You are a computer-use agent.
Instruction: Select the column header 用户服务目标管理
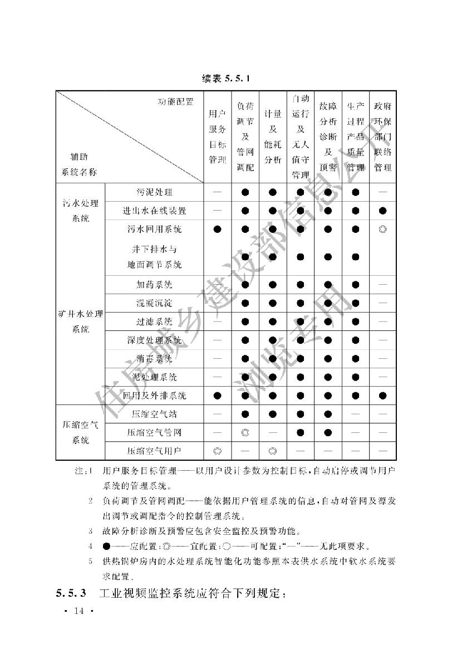point(217,137)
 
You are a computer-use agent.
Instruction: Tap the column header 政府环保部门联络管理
point(382,137)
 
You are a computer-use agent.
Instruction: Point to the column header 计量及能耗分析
point(272,137)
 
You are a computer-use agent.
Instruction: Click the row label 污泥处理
point(154,192)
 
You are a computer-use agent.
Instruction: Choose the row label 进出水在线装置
point(154,211)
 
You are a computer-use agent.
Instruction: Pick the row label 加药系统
point(154,285)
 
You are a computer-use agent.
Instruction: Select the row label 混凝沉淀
point(154,303)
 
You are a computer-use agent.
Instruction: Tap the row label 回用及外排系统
point(154,396)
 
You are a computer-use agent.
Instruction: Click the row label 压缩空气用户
point(154,450)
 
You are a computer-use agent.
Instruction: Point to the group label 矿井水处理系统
point(81,321)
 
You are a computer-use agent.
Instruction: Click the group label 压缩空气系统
point(81,432)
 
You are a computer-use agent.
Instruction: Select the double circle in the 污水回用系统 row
point(382,229)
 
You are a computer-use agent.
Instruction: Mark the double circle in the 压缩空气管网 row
point(244,432)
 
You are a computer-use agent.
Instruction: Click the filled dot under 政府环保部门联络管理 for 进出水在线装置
point(382,211)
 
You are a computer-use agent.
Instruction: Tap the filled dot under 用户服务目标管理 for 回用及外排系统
point(217,396)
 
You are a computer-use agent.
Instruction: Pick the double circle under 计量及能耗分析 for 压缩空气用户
point(272,450)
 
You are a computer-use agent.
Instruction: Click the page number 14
point(77,612)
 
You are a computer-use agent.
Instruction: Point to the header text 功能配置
point(175,101)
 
